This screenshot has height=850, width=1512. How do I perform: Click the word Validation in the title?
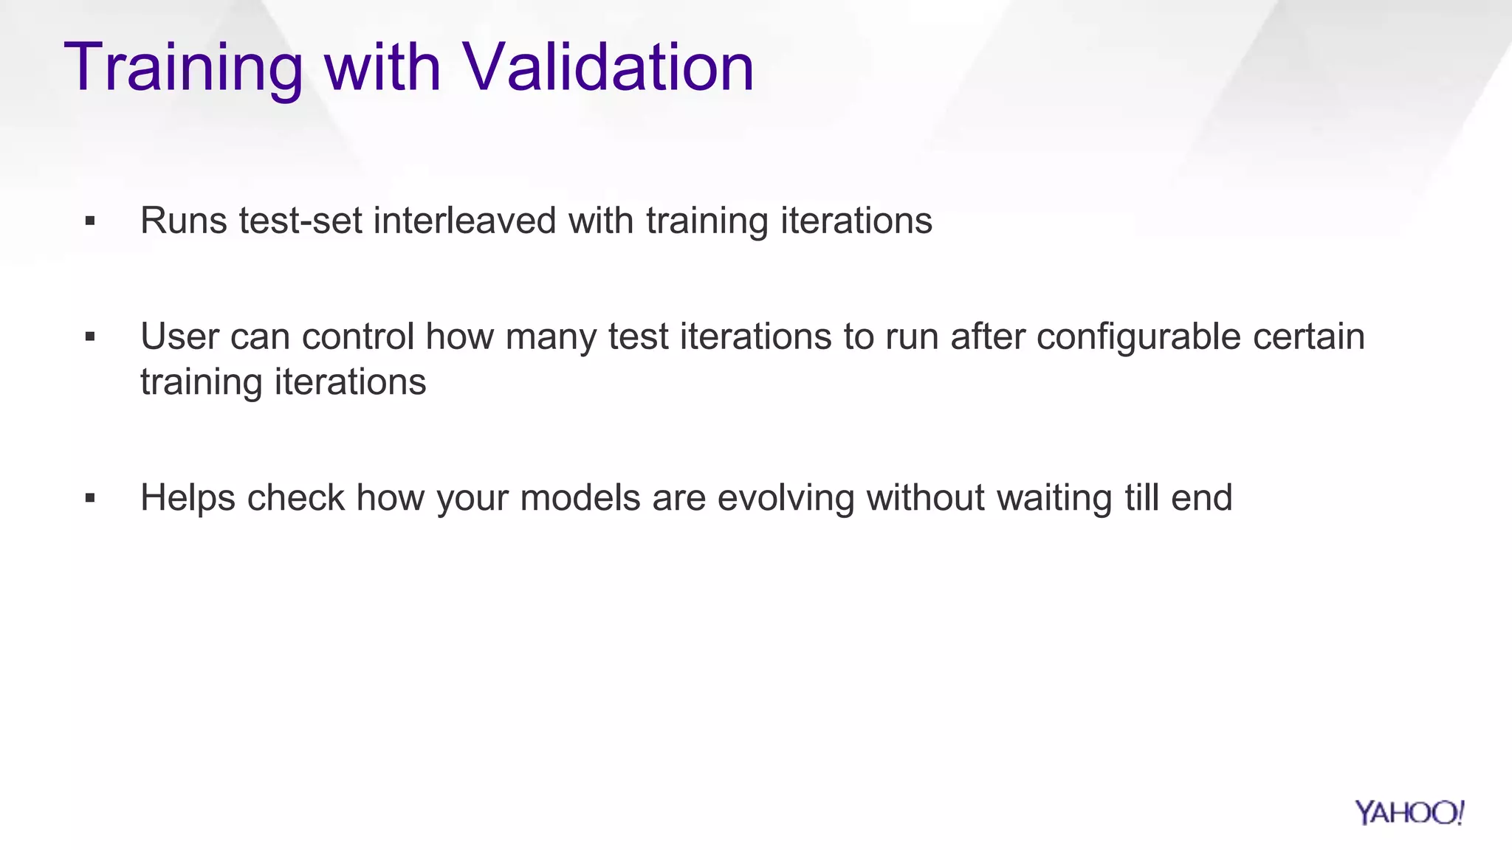coord(608,67)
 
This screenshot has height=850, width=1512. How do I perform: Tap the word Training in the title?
coord(184,67)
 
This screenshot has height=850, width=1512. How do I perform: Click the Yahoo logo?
coord(1409,813)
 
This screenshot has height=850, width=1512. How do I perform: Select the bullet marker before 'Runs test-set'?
coord(90,221)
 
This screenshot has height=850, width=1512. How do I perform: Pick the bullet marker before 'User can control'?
coord(90,337)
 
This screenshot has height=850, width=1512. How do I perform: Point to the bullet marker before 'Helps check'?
coord(90,498)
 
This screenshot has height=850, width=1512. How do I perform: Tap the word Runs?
coord(184,221)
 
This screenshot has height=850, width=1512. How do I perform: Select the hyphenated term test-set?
coord(300,221)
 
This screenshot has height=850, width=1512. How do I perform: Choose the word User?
coord(179,336)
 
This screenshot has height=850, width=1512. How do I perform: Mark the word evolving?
coord(786,497)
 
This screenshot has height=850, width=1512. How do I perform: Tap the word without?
coord(925,497)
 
